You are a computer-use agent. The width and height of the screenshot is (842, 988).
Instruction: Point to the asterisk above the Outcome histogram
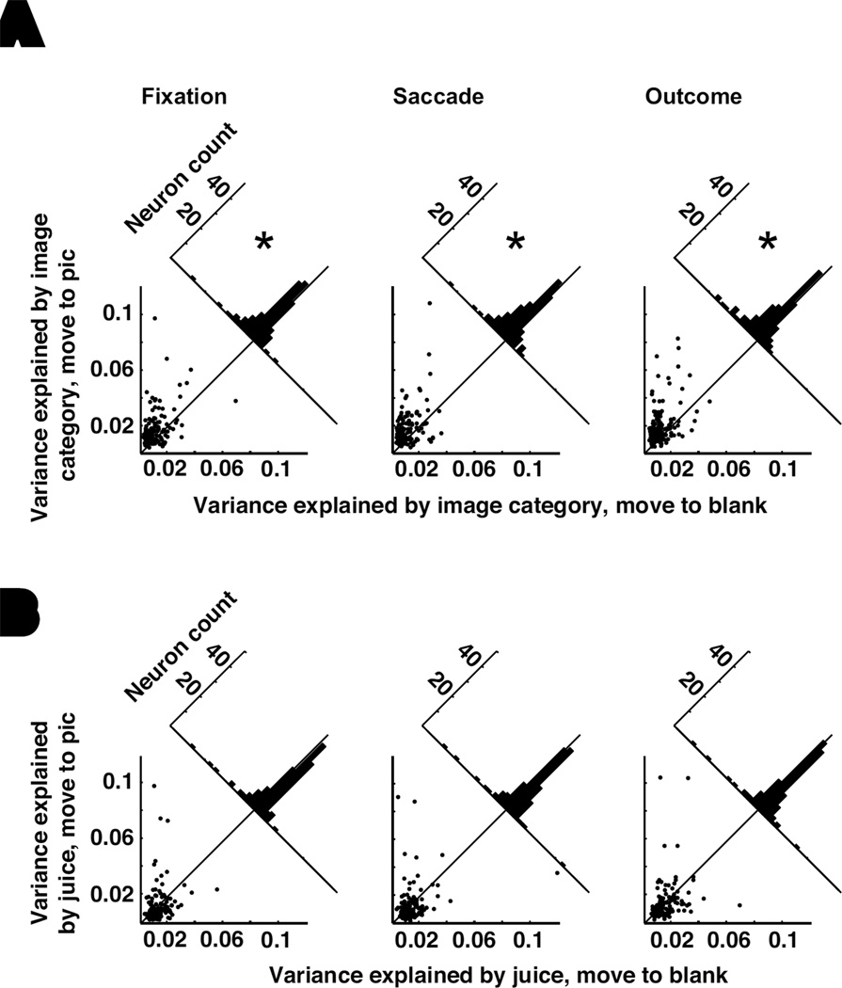pyautogui.click(x=768, y=243)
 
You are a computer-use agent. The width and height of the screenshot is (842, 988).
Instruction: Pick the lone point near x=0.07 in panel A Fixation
pyautogui.click(x=234, y=401)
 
